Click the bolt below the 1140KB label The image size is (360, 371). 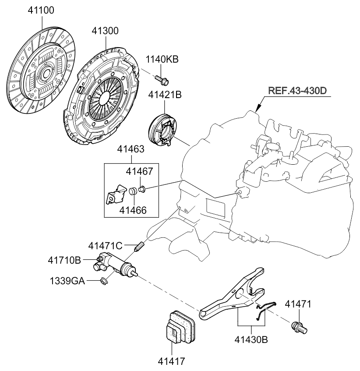[x=162, y=80]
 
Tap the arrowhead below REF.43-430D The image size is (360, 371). [x=258, y=108]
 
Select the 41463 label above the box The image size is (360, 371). [x=130, y=150]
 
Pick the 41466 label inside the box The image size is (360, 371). [x=132, y=210]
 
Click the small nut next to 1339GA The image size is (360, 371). [x=104, y=282]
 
